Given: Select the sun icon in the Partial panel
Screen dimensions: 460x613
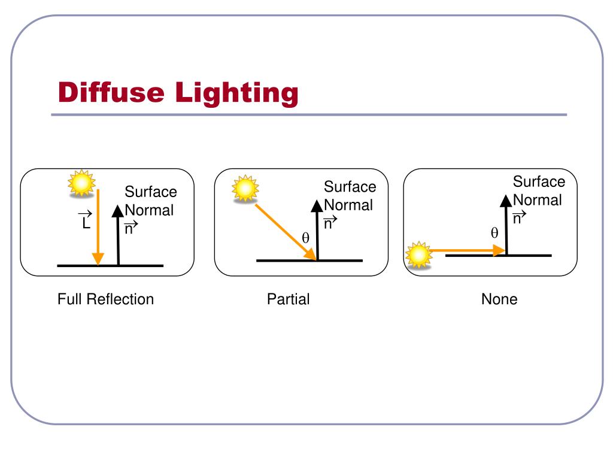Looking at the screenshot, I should (x=245, y=188).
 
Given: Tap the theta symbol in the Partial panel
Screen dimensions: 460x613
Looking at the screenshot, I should (x=305, y=238).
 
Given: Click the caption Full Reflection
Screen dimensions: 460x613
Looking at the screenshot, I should (x=105, y=299).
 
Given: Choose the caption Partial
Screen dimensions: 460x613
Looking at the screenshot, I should (x=288, y=299).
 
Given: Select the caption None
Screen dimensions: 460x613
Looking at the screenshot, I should (x=499, y=299).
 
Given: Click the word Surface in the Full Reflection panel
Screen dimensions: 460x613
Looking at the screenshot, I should (x=150, y=192).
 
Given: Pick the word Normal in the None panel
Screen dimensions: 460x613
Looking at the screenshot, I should (x=538, y=200).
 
